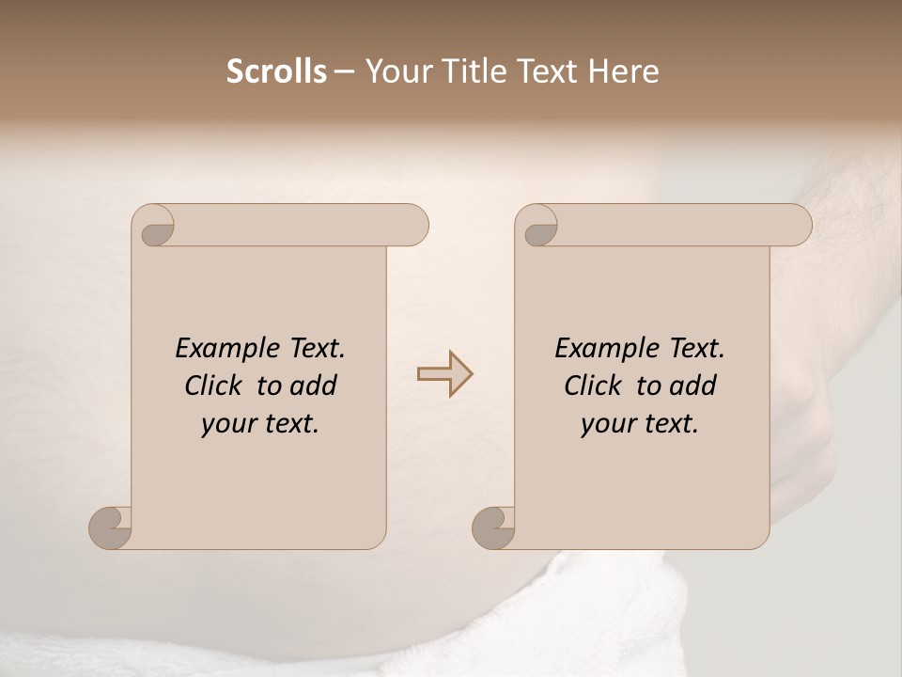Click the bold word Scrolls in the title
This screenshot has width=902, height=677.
pyautogui.click(x=276, y=71)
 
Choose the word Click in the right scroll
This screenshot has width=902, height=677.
pyautogui.click(x=593, y=386)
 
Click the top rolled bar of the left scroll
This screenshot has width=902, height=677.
pyautogui.click(x=291, y=225)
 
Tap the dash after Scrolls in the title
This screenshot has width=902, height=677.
pyautogui.click(x=345, y=71)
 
